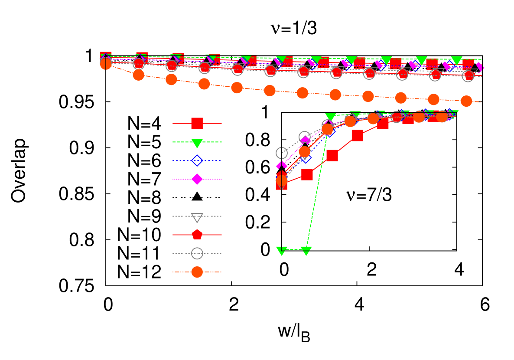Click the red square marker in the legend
coord(197,124)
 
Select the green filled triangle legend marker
coord(197,143)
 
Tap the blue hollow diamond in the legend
coord(197,161)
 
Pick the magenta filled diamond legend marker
coord(197,179)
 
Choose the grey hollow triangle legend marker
coord(197,217)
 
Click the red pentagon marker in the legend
coord(197,235)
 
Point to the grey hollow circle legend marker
coord(197,253)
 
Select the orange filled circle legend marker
coord(197,272)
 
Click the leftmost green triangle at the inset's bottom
coord(282,251)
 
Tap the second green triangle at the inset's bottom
coord(306,251)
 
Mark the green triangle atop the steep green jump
coord(330,117)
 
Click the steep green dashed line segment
coord(318,182)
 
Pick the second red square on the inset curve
coord(307,174)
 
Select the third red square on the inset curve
coord(332,155)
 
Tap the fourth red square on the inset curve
coord(357,135)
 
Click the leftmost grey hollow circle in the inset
coord(282,153)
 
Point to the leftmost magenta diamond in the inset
coord(282,165)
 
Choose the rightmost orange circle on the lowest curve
coord(466,101)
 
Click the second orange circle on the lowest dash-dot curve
coord(138,75)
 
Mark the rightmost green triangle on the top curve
coord(456,61)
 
